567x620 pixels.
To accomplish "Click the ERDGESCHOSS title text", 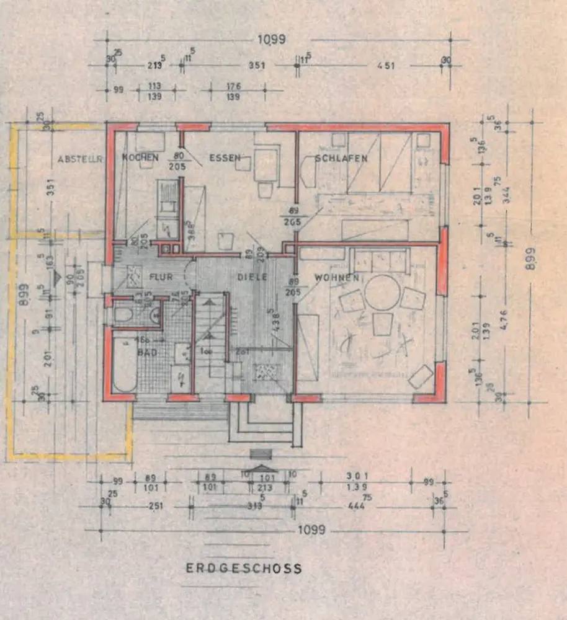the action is click(243, 568).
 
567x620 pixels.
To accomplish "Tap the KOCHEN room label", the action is click(140, 157).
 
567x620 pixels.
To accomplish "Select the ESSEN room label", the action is click(224, 157).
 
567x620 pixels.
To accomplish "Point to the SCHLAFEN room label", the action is click(341, 158).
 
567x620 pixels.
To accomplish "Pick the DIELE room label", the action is click(253, 277).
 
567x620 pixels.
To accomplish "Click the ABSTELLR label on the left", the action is click(79, 159).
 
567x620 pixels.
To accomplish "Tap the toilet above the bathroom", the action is click(124, 314).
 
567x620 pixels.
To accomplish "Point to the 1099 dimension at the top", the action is click(270, 40).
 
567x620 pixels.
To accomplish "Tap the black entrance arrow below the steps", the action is click(261, 469).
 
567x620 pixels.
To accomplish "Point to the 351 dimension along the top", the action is click(257, 65).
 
